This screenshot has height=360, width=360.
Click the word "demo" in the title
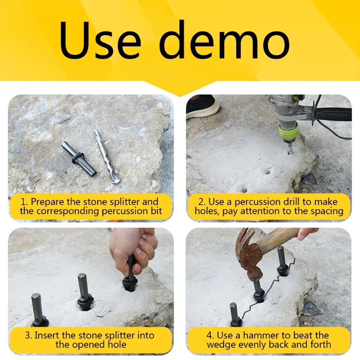point(224,40)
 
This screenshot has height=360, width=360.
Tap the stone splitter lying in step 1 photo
point(79,159)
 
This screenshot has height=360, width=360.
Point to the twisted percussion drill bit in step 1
point(107,156)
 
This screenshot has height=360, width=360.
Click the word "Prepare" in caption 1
point(47,202)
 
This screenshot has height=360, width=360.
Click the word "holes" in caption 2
point(206,211)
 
